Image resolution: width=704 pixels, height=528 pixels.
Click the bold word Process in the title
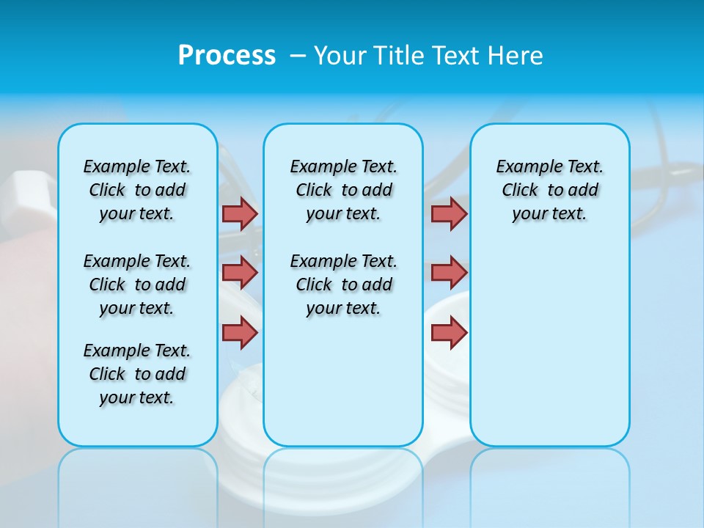click(x=227, y=56)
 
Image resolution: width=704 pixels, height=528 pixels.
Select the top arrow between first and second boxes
click(x=240, y=213)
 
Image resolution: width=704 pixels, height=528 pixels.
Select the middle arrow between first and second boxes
click(x=240, y=273)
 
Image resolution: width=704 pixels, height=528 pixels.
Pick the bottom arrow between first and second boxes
click(x=240, y=332)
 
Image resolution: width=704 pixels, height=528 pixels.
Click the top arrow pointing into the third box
click(x=449, y=213)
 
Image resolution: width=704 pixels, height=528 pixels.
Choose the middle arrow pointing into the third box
click(x=449, y=273)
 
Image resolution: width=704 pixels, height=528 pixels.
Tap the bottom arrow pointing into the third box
click(x=449, y=332)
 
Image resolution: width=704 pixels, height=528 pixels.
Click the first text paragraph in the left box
click(x=137, y=190)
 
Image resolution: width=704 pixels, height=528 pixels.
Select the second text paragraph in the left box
click(x=137, y=285)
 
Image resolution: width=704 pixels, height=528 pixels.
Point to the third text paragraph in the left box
click(x=137, y=374)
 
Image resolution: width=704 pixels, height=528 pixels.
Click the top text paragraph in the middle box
click(x=343, y=190)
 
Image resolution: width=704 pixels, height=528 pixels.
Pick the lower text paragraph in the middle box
click(x=343, y=285)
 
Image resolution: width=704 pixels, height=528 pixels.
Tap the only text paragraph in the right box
click(x=549, y=190)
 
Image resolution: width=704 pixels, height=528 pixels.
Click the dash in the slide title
click(x=298, y=56)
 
